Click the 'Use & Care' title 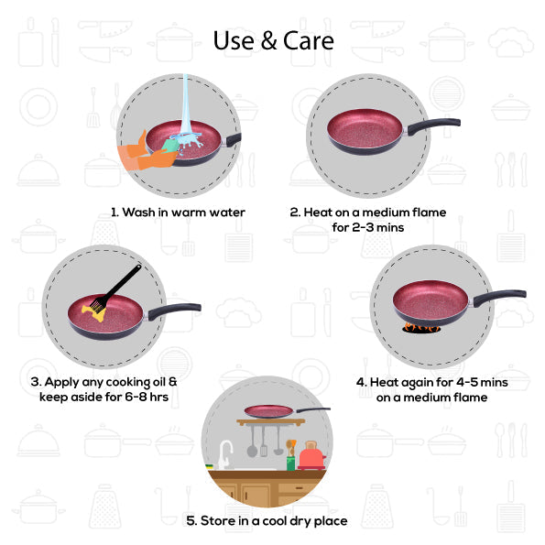click(x=273, y=41)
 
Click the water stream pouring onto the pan click(x=187, y=105)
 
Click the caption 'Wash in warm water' click(x=178, y=213)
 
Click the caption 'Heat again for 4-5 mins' click(x=431, y=382)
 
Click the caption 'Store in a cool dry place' click(x=267, y=520)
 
